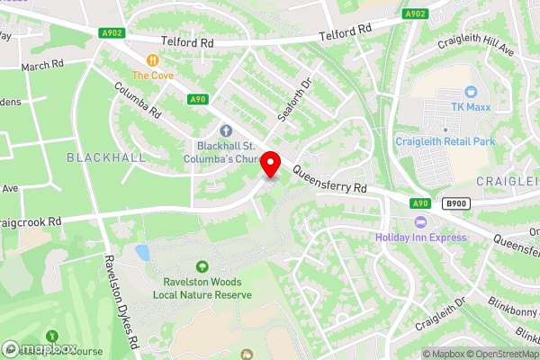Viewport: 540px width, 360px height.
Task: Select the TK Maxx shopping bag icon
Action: click(x=470, y=92)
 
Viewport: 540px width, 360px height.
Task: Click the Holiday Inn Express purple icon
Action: click(x=418, y=222)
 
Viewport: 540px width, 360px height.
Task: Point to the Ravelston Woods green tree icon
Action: click(x=201, y=266)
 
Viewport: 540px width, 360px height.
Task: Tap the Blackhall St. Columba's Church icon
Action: click(x=226, y=131)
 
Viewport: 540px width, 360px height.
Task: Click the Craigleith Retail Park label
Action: click(x=445, y=141)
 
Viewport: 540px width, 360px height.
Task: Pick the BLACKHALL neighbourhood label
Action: click(x=105, y=157)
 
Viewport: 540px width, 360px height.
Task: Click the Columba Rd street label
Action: click(x=138, y=101)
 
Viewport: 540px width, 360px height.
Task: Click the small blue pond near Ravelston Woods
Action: click(x=141, y=253)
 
